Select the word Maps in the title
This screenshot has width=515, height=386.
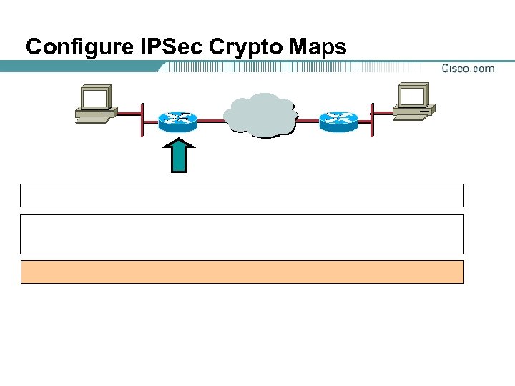[x=320, y=47]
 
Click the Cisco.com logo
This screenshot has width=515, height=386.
[x=468, y=69]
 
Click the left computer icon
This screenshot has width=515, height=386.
[x=96, y=105]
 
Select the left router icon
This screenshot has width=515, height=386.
[x=177, y=121]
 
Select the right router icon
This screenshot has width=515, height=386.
[x=338, y=121]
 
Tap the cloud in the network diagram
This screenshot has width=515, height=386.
[x=260, y=114]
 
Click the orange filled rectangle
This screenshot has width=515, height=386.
[x=242, y=272]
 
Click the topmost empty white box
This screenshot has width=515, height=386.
[x=242, y=195]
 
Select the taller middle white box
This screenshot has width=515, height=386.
[x=242, y=234]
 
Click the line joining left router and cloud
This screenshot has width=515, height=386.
[x=210, y=121]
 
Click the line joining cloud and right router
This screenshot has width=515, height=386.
[x=308, y=121]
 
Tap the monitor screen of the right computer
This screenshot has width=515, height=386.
[x=413, y=96]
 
